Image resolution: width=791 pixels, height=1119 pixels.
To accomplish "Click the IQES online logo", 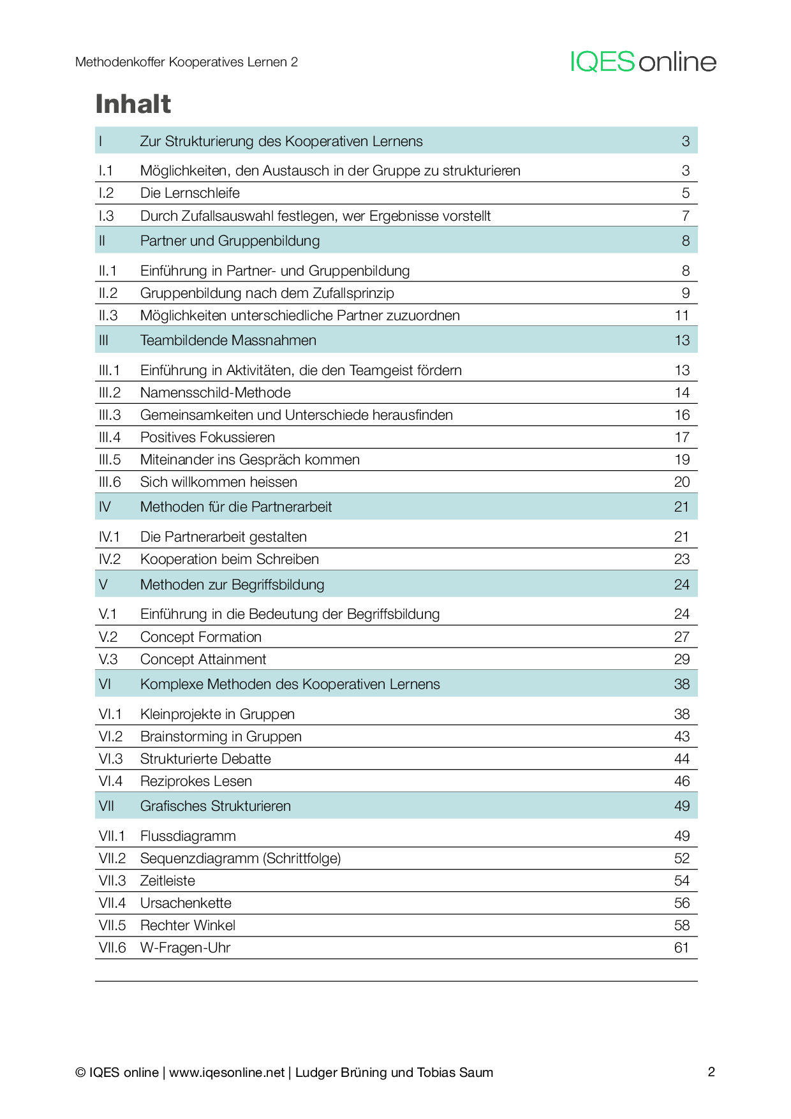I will (x=643, y=62).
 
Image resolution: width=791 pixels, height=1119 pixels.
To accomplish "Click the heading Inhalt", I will (x=133, y=104).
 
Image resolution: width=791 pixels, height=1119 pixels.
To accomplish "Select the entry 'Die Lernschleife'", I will (x=190, y=193).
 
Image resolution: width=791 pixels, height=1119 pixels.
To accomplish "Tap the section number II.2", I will (x=108, y=293).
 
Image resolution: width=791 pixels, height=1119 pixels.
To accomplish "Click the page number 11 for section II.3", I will (x=681, y=315).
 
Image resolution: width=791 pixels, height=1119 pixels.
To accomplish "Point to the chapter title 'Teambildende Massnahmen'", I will (x=228, y=340).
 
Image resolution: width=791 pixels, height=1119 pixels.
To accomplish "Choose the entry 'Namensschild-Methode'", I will (x=216, y=392).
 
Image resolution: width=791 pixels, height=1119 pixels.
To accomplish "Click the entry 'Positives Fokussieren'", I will (x=207, y=437).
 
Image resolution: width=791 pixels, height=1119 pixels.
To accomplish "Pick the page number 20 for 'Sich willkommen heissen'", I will (x=681, y=482).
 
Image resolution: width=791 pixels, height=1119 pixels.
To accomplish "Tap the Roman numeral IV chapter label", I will (x=105, y=507).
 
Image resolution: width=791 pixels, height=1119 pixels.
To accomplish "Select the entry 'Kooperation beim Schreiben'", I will (x=230, y=559).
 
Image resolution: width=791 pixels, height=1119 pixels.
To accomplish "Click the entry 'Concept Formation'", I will (x=201, y=637).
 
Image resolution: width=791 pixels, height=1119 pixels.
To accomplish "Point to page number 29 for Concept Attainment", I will (x=681, y=659).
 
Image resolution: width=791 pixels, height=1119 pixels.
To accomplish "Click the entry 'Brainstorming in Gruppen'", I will (x=221, y=736).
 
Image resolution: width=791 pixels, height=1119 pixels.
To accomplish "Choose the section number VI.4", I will (x=110, y=781).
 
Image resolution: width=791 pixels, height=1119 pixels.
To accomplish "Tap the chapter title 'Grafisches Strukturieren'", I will (x=216, y=806).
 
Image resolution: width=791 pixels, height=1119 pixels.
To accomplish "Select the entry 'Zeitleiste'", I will (x=168, y=880).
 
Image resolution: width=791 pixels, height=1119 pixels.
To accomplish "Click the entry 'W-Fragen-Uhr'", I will (x=185, y=947).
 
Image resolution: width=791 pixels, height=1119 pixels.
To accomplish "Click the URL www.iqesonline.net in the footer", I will (x=227, y=1072).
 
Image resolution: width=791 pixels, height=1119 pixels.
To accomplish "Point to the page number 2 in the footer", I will (x=711, y=1072).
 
